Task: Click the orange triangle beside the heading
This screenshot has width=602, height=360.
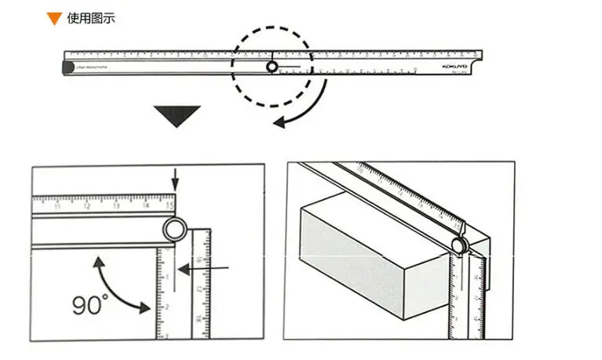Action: (x=53, y=18)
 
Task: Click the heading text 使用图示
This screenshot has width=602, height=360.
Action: (x=91, y=17)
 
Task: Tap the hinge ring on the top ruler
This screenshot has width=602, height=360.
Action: (x=272, y=67)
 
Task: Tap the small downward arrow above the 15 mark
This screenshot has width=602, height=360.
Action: (x=175, y=183)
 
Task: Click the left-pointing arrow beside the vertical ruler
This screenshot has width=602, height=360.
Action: (x=185, y=269)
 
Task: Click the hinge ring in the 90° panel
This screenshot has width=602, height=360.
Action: (x=173, y=229)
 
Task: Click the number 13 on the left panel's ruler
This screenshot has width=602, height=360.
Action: (x=115, y=206)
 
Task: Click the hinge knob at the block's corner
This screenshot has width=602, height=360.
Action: (x=458, y=245)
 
